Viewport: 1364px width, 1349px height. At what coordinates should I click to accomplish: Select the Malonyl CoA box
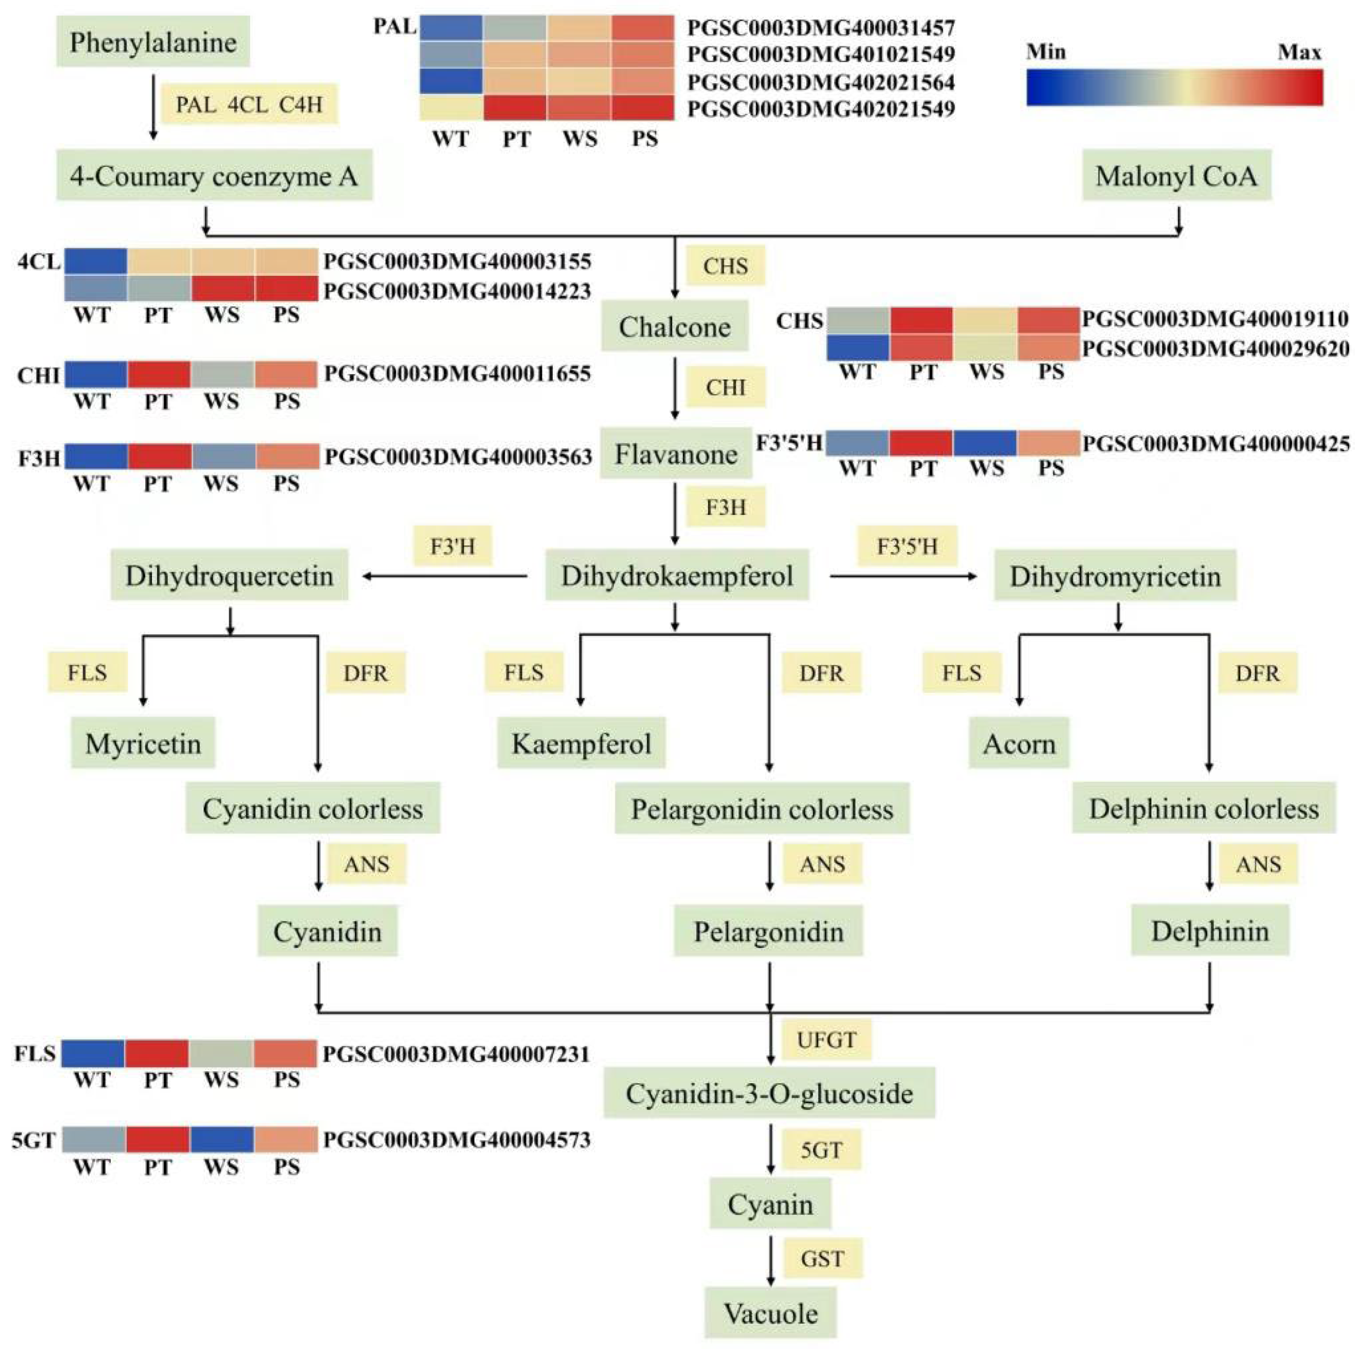(1176, 175)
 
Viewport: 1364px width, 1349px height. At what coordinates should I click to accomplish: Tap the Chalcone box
(674, 326)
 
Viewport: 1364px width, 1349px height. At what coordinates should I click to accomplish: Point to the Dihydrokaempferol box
(677, 576)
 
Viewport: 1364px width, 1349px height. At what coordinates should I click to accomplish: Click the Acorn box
(1019, 743)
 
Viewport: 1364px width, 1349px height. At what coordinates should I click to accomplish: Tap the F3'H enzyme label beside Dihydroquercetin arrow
(452, 546)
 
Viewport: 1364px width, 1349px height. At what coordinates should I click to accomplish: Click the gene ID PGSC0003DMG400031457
(820, 28)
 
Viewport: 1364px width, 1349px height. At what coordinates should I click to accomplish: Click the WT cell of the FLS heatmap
(93, 1054)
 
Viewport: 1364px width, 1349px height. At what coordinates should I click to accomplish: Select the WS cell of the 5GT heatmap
(222, 1139)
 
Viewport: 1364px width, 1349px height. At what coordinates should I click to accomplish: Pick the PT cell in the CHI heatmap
(159, 374)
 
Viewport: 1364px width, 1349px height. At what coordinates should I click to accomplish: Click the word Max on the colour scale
(1299, 52)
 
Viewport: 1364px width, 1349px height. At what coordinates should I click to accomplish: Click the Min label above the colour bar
(1046, 52)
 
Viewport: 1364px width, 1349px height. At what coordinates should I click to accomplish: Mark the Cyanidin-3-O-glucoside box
(769, 1093)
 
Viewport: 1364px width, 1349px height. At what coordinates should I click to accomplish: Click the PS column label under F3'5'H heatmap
(1051, 468)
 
